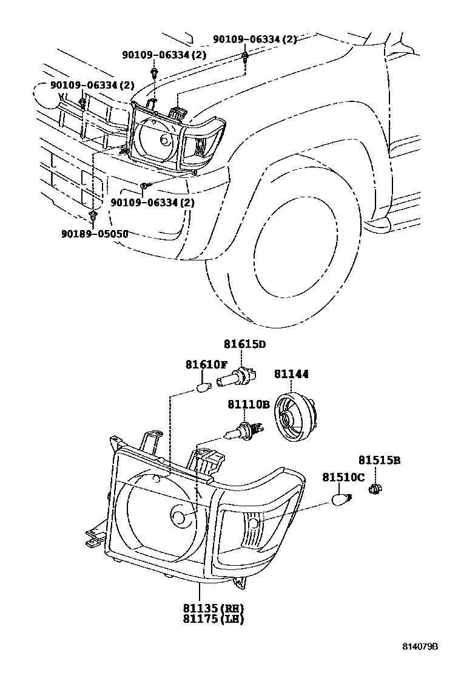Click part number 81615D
(x=244, y=344)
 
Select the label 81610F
(x=206, y=365)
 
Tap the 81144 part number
(x=291, y=374)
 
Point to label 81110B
(x=249, y=404)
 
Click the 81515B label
(x=380, y=460)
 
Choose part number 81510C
(x=343, y=477)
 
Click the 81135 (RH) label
(x=214, y=608)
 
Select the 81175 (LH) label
(x=214, y=619)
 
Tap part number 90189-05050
(x=95, y=234)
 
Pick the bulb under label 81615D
(x=236, y=378)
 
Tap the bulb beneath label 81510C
(x=342, y=500)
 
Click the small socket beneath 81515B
(x=376, y=488)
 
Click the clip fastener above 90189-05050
(x=92, y=215)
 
